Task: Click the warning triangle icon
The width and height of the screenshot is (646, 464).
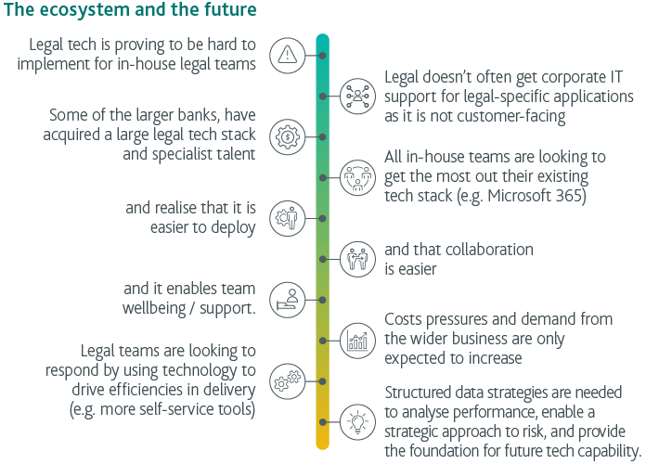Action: pos(287,55)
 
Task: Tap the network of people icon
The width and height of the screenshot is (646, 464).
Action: pos(357,96)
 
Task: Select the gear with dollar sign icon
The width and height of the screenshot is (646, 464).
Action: pos(287,136)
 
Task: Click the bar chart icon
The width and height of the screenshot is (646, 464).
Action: pos(357,340)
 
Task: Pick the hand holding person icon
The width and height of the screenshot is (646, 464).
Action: pos(287,299)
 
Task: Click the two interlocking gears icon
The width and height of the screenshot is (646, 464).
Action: pos(287,380)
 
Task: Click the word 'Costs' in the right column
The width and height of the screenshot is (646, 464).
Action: pos(405,320)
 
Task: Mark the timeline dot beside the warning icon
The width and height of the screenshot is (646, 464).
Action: pos(322,55)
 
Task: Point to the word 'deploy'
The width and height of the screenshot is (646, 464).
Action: pos(233,227)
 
